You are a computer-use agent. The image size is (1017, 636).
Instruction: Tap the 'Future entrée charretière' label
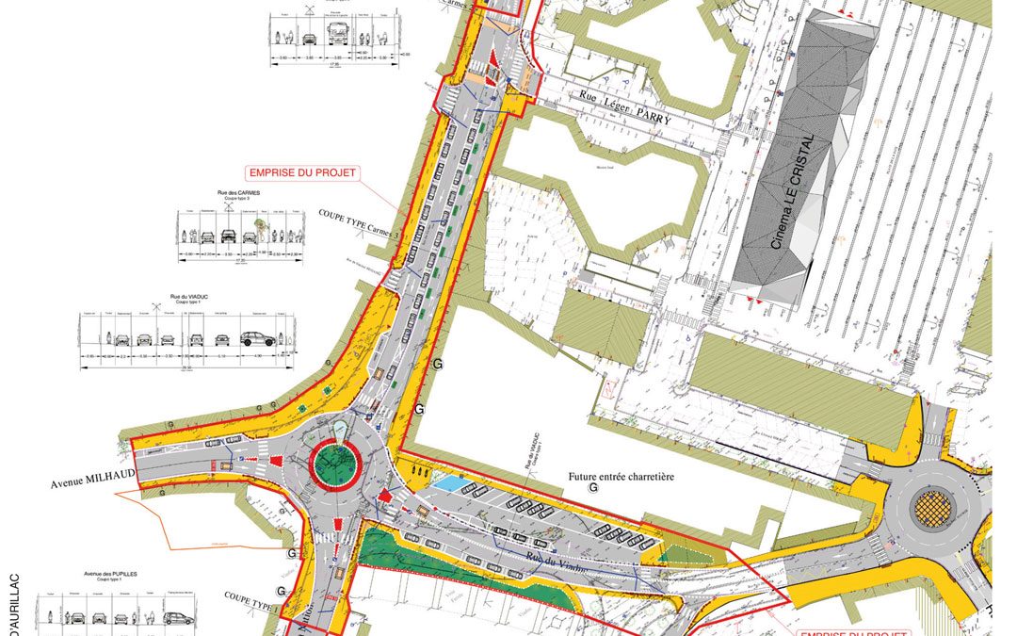point(621,477)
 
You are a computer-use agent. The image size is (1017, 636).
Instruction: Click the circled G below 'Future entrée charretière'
point(592,489)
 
